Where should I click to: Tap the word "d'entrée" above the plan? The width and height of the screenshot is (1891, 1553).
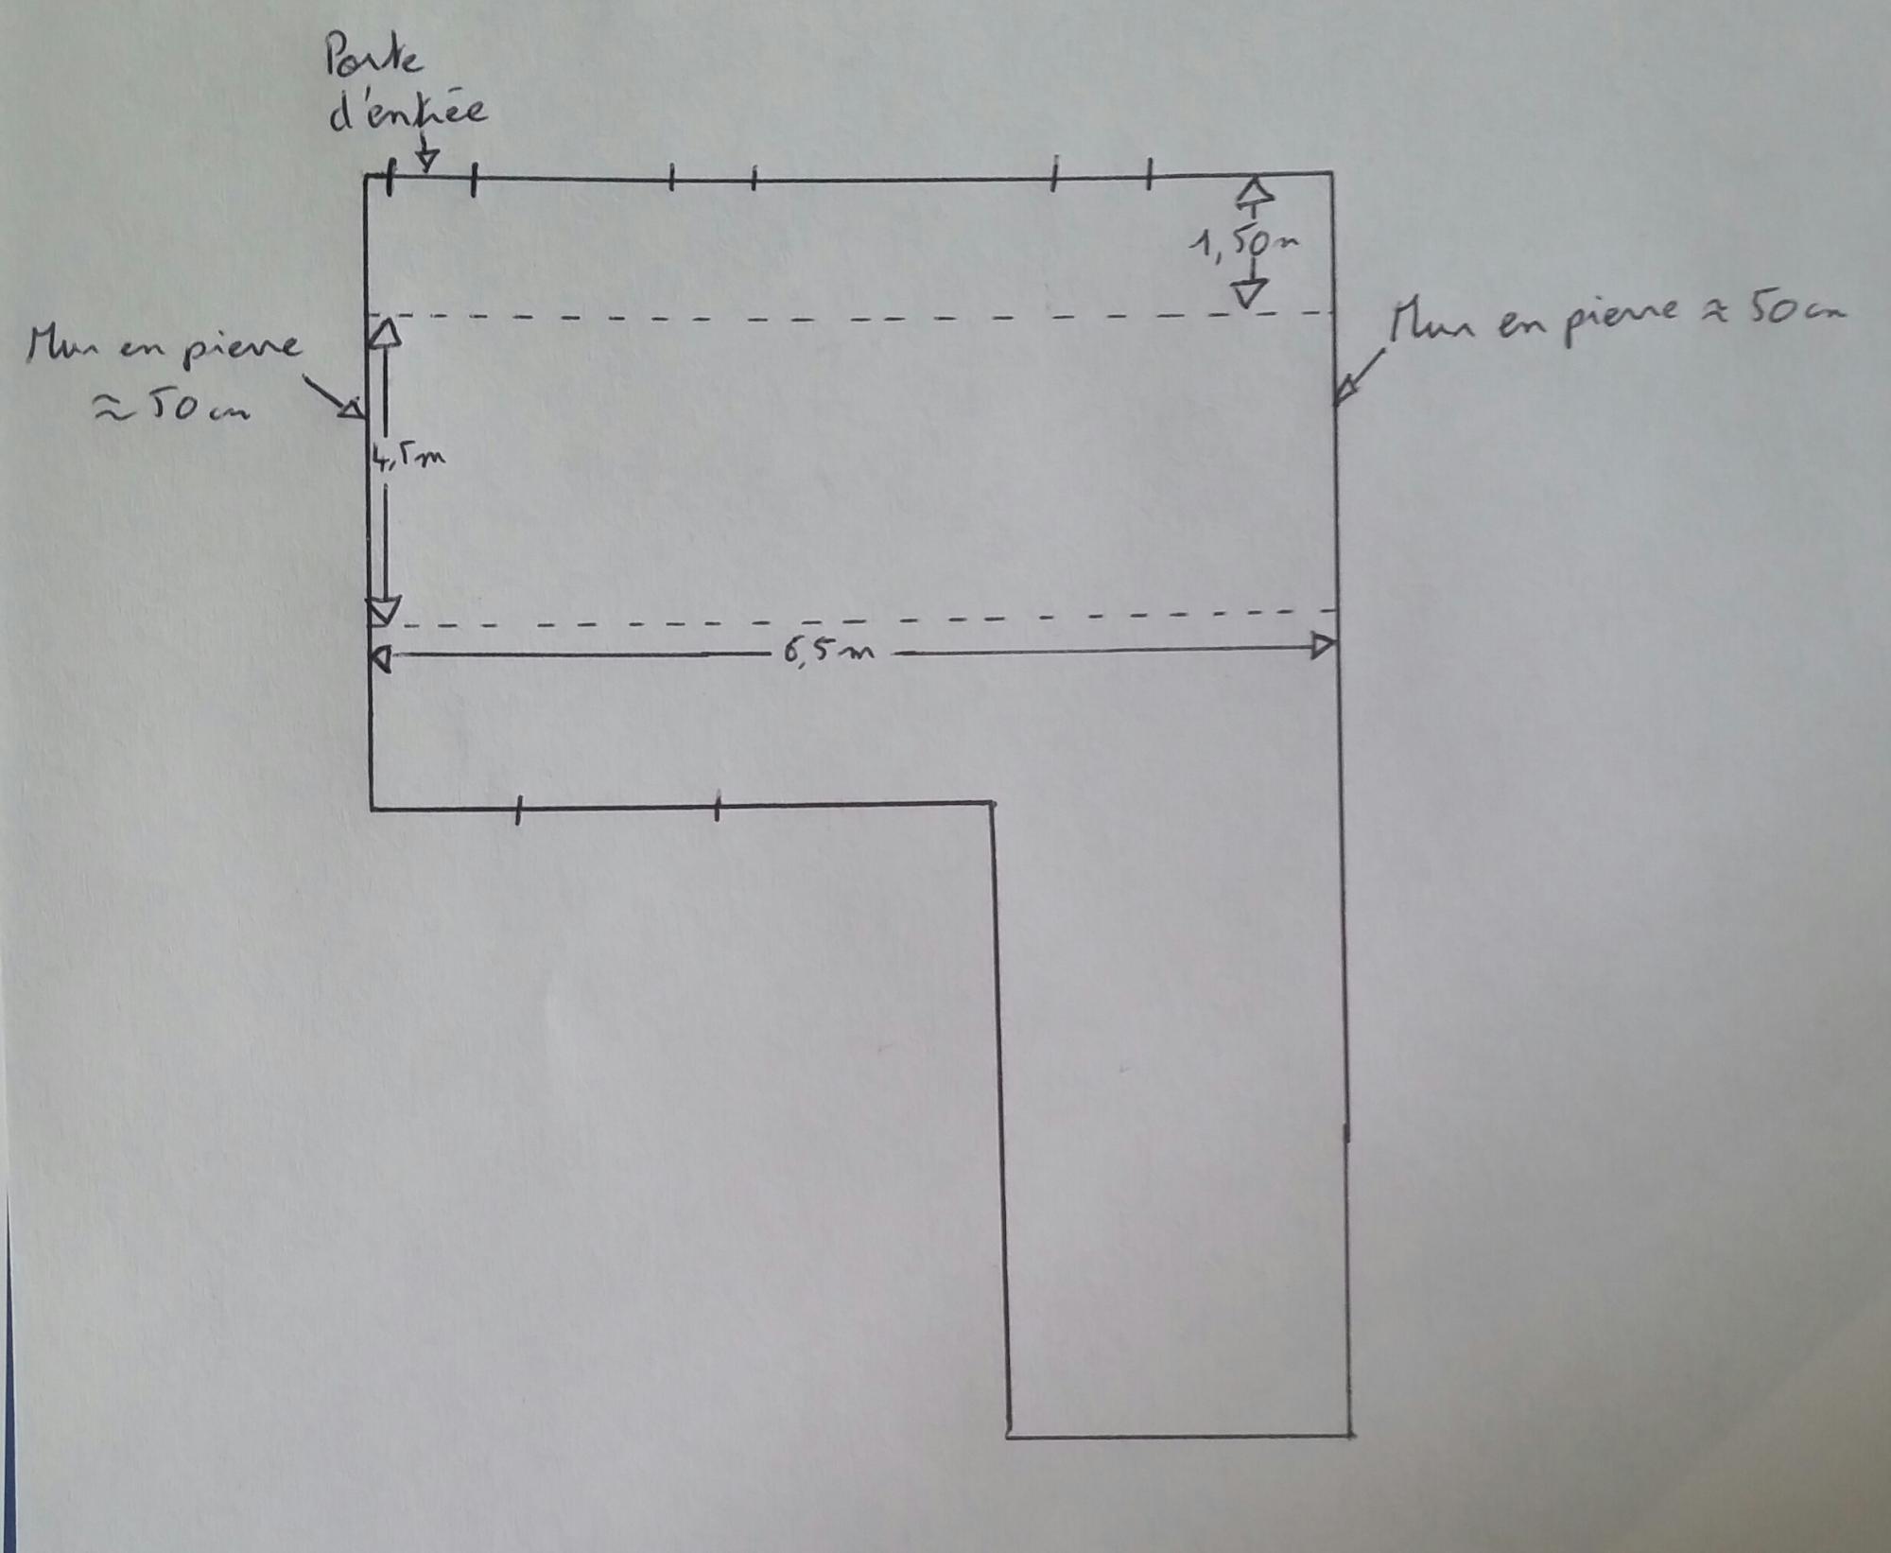[x=408, y=113]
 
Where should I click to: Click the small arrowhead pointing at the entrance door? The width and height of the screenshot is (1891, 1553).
[x=426, y=162]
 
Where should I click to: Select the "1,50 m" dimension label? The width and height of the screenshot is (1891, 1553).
[x=1242, y=243]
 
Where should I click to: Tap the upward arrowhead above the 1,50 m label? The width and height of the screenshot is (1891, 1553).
[x=1255, y=193]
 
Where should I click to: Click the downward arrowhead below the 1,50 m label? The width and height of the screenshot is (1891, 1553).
[x=1250, y=292]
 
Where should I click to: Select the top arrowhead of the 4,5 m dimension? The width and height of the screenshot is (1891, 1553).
[x=386, y=333]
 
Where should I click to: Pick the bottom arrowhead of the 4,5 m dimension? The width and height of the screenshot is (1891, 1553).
[x=385, y=610]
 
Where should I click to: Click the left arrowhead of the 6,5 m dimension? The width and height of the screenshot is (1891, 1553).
[x=380, y=658]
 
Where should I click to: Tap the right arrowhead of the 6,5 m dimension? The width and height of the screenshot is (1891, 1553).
[x=1323, y=647]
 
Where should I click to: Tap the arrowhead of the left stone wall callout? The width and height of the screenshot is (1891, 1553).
[x=351, y=408]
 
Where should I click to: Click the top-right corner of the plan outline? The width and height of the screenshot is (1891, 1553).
[x=1332, y=174]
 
